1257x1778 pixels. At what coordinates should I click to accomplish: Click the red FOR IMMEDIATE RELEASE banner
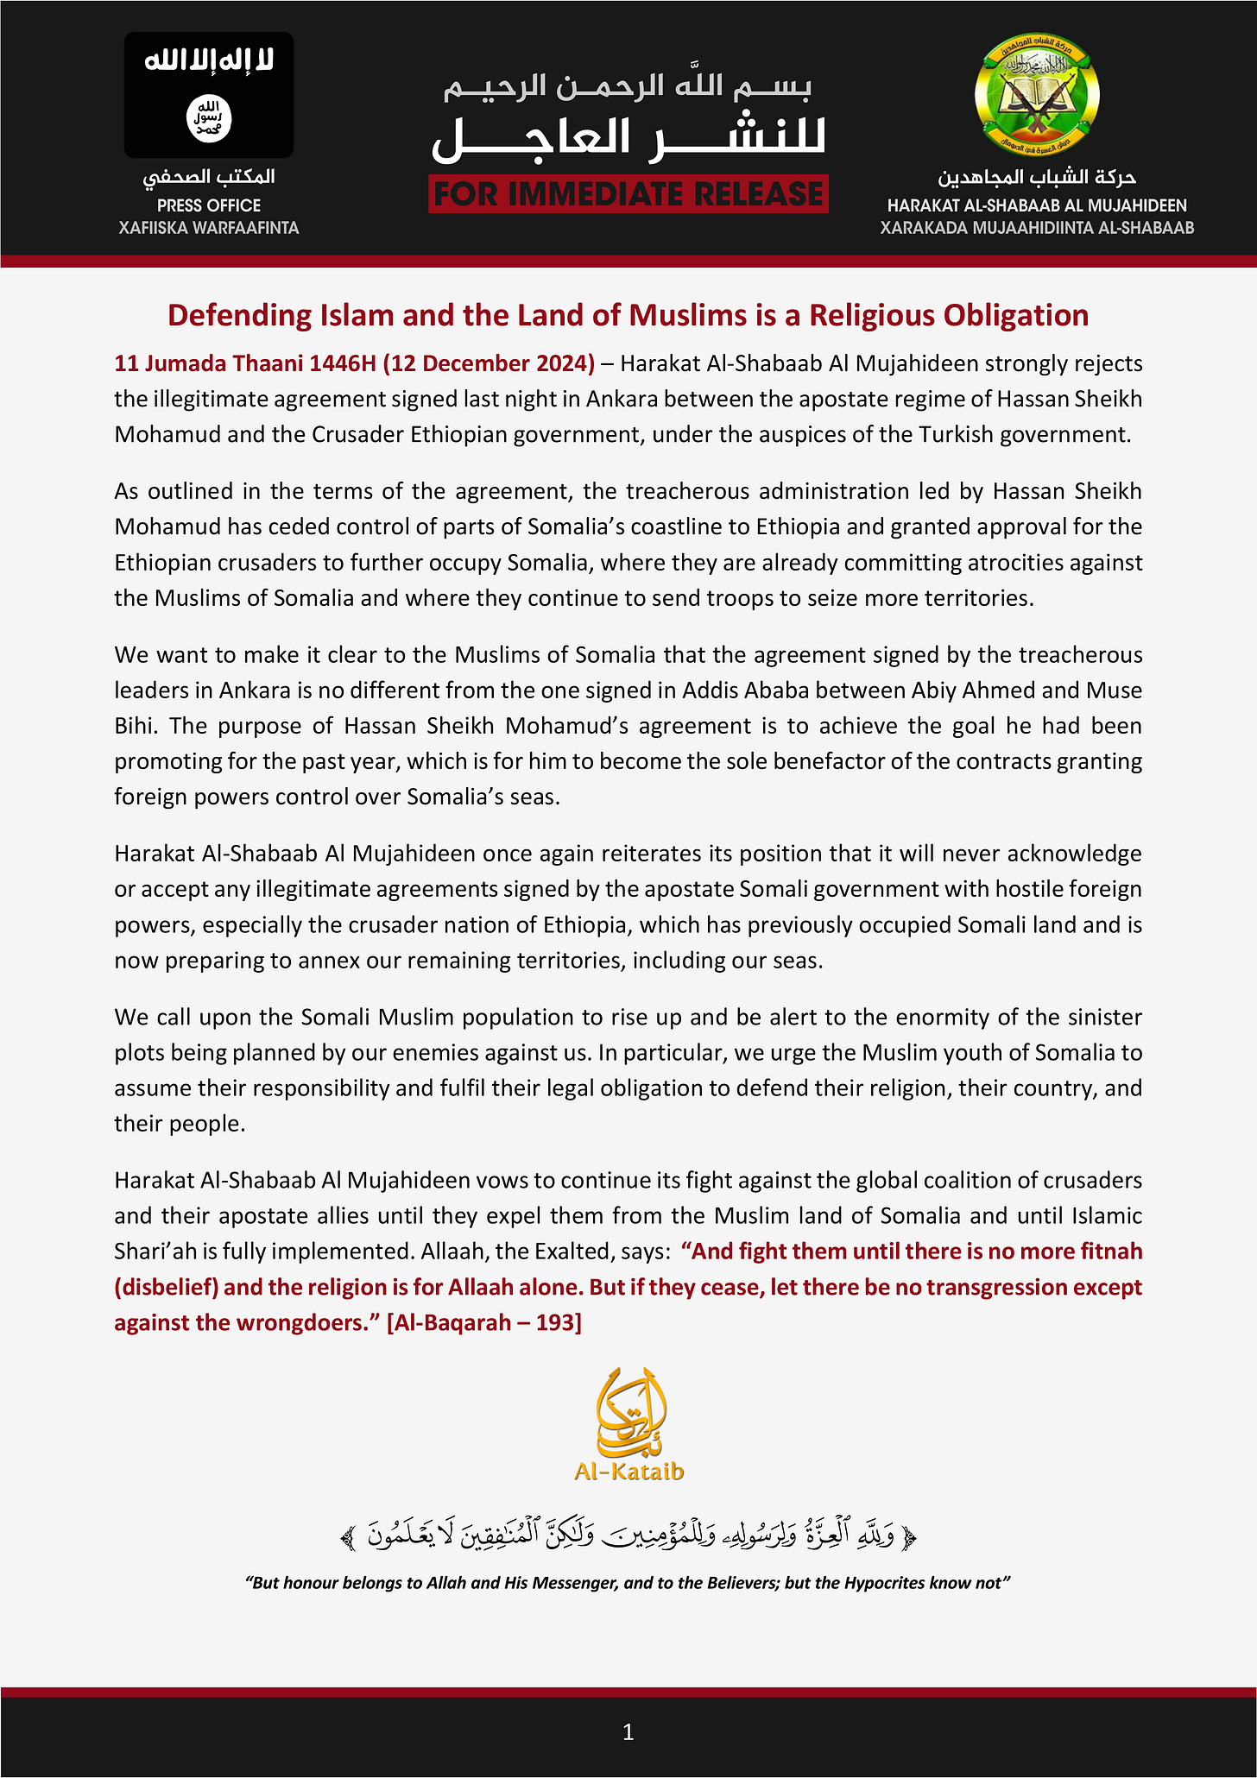click(628, 194)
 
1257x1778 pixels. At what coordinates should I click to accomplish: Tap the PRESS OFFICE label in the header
click(209, 205)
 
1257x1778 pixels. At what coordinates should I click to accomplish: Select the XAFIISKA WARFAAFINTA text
click(209, 228)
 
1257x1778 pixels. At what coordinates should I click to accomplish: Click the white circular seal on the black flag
click(209, 118)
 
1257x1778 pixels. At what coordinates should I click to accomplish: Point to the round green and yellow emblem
click(1037, 96)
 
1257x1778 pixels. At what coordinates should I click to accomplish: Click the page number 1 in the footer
click(628, 1731)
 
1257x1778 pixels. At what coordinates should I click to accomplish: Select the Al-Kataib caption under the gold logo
click(629, 1471)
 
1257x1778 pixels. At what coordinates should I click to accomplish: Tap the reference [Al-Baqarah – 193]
click(483, 1322)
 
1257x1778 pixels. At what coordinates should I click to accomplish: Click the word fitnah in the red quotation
click(1107, 1252)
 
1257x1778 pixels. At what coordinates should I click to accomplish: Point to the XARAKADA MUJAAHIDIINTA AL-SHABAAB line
click(1037, 228)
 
